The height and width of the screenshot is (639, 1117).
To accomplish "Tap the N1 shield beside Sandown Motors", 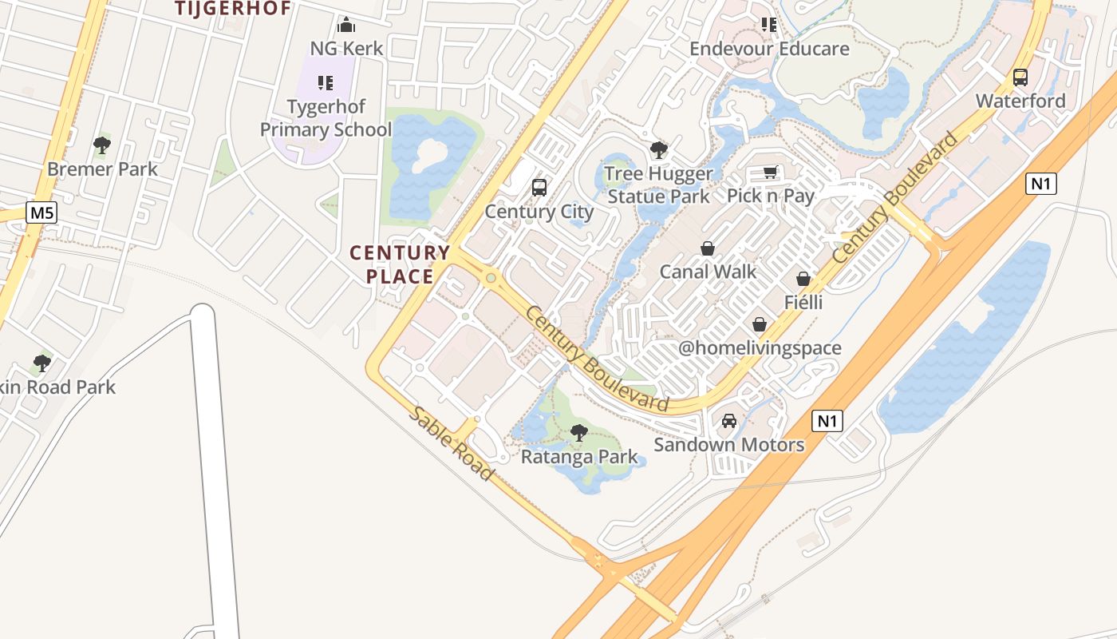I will (x=827, y=421).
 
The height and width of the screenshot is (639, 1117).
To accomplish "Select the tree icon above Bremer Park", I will (x=101, y=145).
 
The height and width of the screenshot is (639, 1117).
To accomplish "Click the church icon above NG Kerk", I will (x=346, y=25).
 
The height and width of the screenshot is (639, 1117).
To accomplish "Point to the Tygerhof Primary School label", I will (x=326, y=117).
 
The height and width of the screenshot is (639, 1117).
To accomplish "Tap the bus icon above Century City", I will (x=539, y=188).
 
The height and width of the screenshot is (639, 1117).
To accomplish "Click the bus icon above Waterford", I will (x=1020, y=77).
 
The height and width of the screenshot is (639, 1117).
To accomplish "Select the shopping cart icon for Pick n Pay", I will (x=770, y=173).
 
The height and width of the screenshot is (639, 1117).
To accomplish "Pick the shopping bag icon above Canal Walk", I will (x=707, y=248).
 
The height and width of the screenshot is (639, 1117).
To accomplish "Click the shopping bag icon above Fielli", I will (x=803, y=279).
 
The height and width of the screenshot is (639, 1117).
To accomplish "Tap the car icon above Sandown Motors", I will (x=728, y=421).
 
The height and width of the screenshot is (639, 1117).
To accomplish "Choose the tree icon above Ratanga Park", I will (x=579, y=433).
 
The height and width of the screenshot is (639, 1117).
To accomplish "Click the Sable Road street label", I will (x=452, y=443).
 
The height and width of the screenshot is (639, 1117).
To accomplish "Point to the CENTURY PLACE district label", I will (x=400, y=264).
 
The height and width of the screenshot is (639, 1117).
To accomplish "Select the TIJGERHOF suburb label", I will (x=233, y=9).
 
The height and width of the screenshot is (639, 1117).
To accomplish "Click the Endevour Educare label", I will (x=769, y=49).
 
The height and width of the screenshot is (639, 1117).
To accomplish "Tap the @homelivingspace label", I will (x=760, y=347).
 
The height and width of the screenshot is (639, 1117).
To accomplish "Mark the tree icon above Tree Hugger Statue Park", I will (x=658, y=149).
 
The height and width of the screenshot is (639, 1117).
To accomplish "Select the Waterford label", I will (x=1020, y=101).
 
